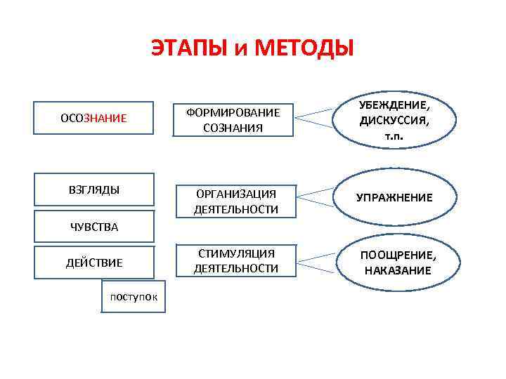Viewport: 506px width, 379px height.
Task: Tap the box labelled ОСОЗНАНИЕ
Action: pyautogui.click(x=94, y=118)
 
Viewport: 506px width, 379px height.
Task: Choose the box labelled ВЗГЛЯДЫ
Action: pyautogui.click(x=94, y=189)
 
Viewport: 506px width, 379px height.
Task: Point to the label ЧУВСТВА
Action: pyautogui.click(x=94, y=227)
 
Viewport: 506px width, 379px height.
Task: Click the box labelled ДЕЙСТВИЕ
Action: pyautogui.click(x=94, y=262)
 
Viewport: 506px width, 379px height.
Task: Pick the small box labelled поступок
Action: pyautogui.click(x=134, y=296)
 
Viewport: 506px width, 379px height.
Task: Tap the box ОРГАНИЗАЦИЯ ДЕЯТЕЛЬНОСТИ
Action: pyautogui.click(x=236, y=201)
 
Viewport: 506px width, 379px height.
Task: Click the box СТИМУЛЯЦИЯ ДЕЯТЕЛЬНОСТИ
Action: pyautogui.click(x=236, y=260)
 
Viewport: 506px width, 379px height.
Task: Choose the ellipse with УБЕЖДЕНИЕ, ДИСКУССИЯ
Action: pyautogui.click(x=394, y=119)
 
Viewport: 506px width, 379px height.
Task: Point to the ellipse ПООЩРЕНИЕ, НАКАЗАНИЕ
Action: pyautogui.click(x=398, y=262)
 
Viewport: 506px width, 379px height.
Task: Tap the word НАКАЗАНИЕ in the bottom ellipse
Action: pyautogui.click(x=398, y=270)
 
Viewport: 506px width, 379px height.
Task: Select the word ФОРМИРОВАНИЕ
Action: pyautogui.click(x=233, y=112)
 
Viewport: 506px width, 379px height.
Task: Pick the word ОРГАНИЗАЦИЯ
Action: pyautogui.click(x=236, y=194)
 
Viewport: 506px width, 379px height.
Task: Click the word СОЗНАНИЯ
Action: pyautogui.click(x=233, y=128)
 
